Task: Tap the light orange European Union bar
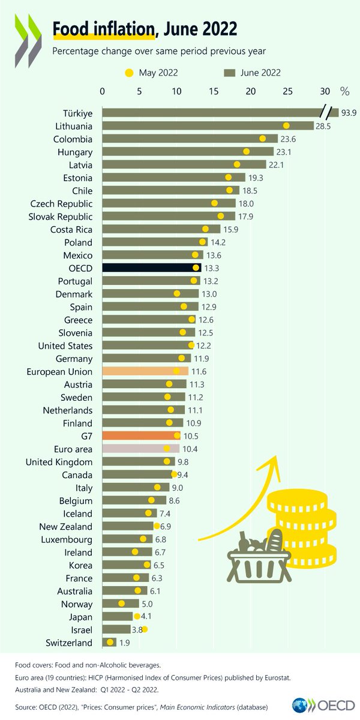pos(145,371)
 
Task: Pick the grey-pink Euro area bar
pos(140,449)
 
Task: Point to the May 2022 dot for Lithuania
pos(286,126)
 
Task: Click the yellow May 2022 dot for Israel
pos(144,629)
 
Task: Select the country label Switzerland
pos(68,643)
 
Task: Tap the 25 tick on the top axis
pos(287,91)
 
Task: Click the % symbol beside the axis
pos(344,91)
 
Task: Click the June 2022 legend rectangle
pos(229,73)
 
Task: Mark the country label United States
pos(65,346)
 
